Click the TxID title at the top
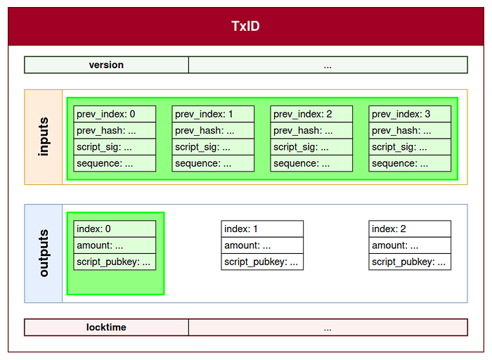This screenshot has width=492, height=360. click(246, 26)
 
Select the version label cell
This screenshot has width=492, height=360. click(106, 65)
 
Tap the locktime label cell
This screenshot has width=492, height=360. click(106, 328)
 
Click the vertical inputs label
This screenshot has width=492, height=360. click(44, 137)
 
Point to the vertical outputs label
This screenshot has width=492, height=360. click(44, 253)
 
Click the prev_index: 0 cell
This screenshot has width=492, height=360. click(115, 114)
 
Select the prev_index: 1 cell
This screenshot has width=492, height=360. click(213, 114)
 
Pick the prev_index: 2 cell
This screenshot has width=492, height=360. click(311, 114)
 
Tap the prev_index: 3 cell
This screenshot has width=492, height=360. click(410, 114)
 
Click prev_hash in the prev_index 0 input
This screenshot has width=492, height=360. click(115, 131)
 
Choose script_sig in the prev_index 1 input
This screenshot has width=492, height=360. click(213, 147)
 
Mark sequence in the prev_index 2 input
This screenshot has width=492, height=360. click(311, 163)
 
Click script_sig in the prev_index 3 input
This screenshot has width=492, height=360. click(410, 147)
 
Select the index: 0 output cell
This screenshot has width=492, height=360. click(115, 229)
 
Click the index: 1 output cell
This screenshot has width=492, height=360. click(262, 229)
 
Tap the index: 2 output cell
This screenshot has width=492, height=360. click(410, 229)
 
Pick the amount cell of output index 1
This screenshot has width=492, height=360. click(262, 245)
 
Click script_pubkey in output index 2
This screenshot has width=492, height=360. click(410, 262)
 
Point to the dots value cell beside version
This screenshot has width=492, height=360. click(328, 65)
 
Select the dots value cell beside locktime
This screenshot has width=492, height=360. click(328, 328)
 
